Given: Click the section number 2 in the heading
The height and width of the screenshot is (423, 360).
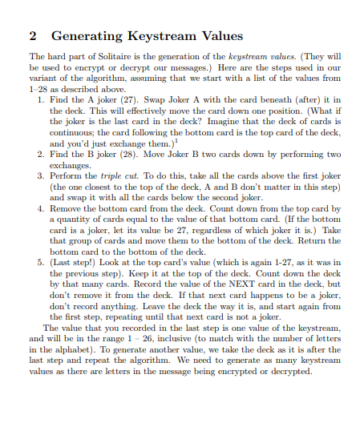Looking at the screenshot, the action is pyautogui.click(x=33, y=36).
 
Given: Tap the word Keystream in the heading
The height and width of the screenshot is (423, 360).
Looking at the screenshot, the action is pyautogui.click(x=157, y=36).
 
